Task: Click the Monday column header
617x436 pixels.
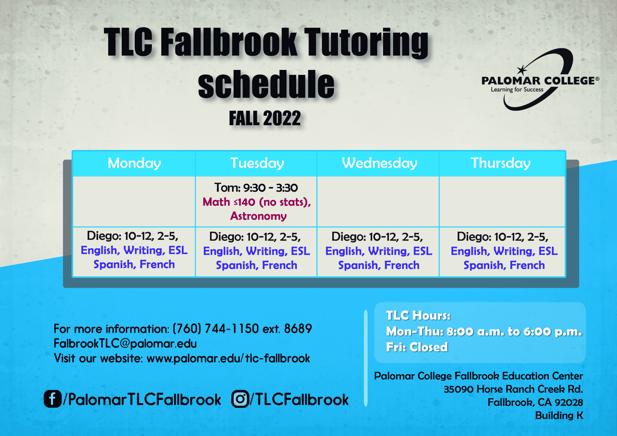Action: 134,163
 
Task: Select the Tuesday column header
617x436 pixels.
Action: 257,163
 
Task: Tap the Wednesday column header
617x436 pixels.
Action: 379,163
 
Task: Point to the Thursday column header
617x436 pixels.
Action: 501,163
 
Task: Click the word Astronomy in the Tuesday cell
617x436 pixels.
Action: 258,216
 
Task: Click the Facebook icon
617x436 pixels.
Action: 52,399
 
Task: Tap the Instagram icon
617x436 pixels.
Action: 240,399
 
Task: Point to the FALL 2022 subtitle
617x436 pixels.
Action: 265,118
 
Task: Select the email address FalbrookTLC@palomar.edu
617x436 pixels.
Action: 125,343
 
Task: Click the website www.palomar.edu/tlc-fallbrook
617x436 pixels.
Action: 228,358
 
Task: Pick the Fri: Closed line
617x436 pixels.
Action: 417,347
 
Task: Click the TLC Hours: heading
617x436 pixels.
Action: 418,315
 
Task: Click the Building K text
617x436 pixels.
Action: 559,415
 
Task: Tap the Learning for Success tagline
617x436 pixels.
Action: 517,89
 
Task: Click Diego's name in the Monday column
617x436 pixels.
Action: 104,236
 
